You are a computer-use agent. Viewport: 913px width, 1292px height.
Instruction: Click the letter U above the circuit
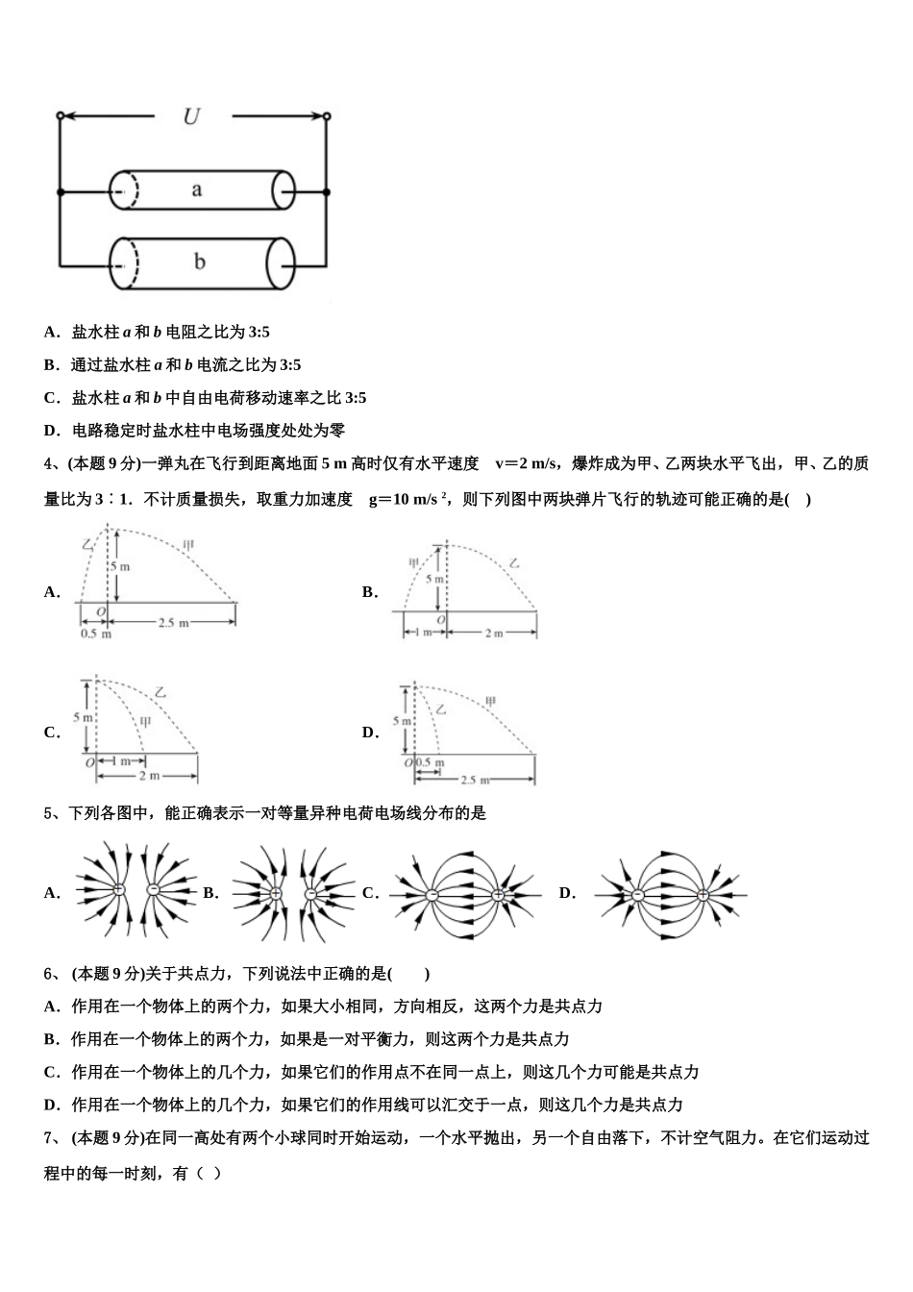click(x=192, y=116)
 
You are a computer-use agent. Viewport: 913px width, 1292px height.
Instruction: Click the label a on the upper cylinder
click(x=197, y=189)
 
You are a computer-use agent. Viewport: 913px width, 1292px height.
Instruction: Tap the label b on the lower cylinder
click(x=200, y=261)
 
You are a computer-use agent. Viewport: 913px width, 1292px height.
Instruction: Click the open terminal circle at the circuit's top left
click(x=61, y=116)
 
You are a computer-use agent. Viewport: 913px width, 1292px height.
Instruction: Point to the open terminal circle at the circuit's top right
click(x=327, y=116)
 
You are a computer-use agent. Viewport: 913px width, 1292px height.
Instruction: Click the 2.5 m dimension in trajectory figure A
click(x=173, y=624)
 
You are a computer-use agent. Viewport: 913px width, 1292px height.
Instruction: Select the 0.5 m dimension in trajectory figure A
click(x=95, y=634)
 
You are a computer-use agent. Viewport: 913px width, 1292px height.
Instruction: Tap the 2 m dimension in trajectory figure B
click(x=493, y=634)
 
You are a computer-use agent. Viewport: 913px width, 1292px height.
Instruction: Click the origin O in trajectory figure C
click(x=88, y=761)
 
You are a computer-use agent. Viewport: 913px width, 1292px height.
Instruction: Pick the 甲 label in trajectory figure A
click(x=188, y=546)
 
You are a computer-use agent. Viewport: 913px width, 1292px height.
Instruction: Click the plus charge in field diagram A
click(x=118, y=890)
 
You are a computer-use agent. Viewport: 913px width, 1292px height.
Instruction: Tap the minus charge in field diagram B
click(x=311, y=894)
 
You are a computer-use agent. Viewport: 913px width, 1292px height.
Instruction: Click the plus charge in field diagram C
click(x=498, y=895)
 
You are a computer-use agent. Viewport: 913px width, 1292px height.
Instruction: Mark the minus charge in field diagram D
click(x=637, y=895)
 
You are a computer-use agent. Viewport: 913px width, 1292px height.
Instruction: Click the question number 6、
click(x=53, y=974)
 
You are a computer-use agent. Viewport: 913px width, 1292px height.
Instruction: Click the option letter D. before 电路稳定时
click(x=53, y=431)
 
